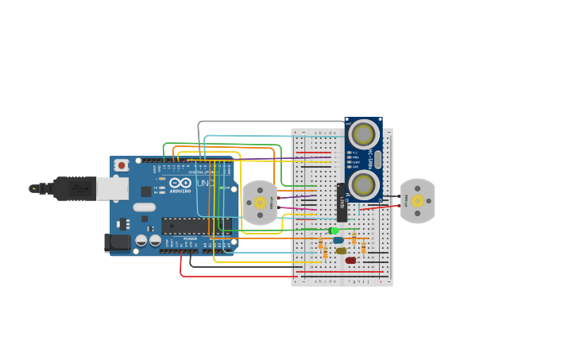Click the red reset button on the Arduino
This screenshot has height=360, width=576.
pos(122,165)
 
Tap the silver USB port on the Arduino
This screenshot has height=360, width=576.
pos(112,188)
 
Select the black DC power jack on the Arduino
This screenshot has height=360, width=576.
pos(118,243)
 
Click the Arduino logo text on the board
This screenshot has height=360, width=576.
pos(180,191)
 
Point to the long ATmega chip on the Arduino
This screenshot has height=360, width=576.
pos(195,226)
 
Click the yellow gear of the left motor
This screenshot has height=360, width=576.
pos(260,203)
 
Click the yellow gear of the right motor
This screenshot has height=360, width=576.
pos(417,201)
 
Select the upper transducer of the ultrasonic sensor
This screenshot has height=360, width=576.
pos(364,134)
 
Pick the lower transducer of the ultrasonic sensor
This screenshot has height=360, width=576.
pos(364,184)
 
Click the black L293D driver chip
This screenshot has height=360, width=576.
pos(342,203)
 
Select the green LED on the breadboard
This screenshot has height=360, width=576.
pos(334,230)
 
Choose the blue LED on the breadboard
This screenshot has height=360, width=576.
pos(338,240)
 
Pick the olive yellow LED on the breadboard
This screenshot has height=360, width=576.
pos(341,250)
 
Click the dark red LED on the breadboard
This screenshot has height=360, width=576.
pos(350,260)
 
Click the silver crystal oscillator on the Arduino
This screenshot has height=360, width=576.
pos(145,207)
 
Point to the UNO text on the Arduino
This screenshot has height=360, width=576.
pos(205,184)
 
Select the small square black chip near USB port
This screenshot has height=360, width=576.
pos(146,192)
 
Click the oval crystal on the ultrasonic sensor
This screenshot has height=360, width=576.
pos(378,159)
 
